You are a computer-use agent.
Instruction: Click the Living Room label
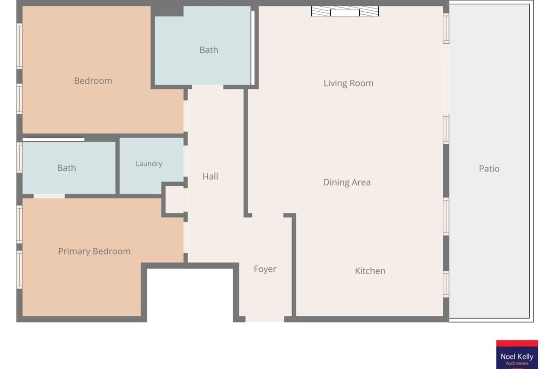coord(348,83)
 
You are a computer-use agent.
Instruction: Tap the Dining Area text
coord(346,182)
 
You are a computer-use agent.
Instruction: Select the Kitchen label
coord(370,271)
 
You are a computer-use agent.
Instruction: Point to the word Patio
coord(489,169)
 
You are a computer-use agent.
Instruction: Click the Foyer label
coord(265,269)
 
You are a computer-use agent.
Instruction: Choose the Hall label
coord(210,176)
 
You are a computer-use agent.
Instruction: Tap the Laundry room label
coord(149,164)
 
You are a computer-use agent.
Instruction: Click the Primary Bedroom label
coord(94,251)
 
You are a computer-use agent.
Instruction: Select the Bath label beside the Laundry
coord(67,168)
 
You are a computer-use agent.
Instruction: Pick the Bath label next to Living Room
coord(209,50)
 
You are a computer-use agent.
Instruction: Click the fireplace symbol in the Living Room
coord(345,11)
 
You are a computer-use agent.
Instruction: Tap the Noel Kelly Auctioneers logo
coord(517,354)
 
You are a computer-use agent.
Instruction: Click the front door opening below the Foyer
coord(265,319)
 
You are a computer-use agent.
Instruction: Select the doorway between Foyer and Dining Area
coord(267,215)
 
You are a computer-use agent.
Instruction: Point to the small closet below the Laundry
coord(174,200)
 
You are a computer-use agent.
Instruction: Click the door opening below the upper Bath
coord(208,87)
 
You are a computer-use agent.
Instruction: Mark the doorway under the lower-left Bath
coord(49,196)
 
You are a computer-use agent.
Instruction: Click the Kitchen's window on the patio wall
coord(446,284)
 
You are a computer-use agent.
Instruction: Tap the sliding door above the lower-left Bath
coord(53,140)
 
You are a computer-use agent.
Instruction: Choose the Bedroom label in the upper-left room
coord(93,81)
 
